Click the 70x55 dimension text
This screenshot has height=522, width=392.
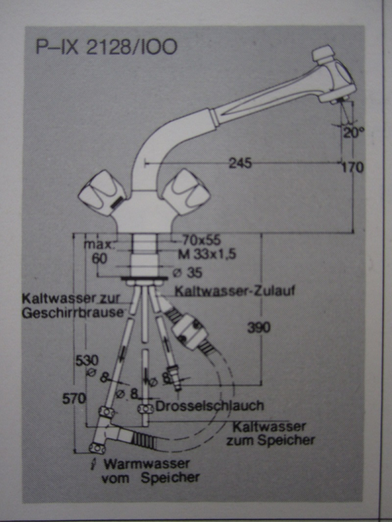point(201,239)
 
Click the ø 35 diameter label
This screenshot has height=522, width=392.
point(190,272)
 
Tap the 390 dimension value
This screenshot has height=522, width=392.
point(259,328)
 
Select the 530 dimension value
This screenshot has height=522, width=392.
point(88,360)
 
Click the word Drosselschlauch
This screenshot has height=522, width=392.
point(210,406)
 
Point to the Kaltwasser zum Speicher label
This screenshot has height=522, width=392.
point(270,434)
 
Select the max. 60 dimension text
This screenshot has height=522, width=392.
point(99,251)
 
